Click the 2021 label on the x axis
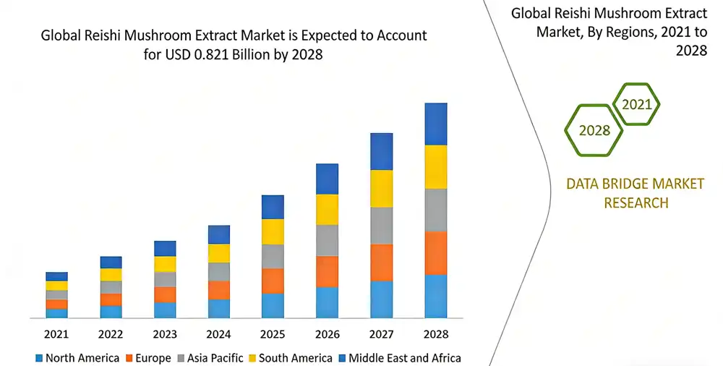click(x=56, y=334)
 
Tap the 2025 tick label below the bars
click(x=273, y=334)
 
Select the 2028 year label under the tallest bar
click(x=435, y=334)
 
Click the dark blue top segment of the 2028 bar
click(x=435, y=124)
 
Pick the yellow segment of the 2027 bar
click(x=381, y=188)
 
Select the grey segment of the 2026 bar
click(x=327, y=240)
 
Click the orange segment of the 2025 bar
click(x=273, y=281)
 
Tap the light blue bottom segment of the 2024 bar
click(x=219, y=308)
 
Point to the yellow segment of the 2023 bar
click(x=165, y=264)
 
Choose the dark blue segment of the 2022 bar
click(x=111, y=262)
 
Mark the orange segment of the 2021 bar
click(x=56, y=304)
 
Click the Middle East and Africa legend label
click(x=404, y=358)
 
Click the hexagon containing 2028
click(x=594, y=130)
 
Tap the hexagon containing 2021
click(x=636, y=104)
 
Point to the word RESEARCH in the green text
click(x=636, y=203)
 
